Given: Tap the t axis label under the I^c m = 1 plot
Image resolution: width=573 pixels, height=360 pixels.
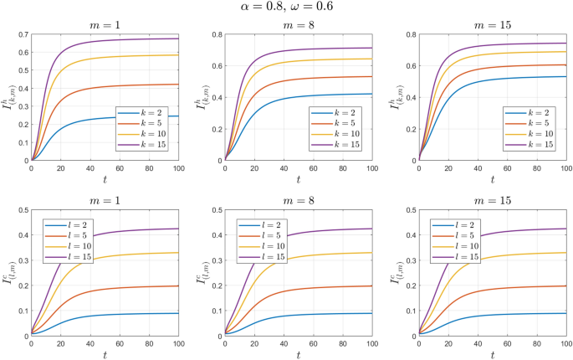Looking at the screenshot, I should (x=103, y=354).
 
